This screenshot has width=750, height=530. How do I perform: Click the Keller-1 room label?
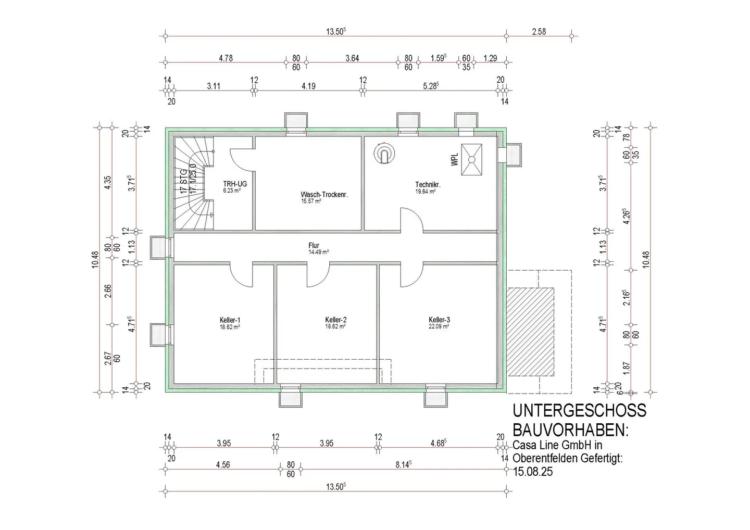230,320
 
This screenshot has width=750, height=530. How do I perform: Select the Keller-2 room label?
335,320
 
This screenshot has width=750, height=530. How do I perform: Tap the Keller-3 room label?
439,320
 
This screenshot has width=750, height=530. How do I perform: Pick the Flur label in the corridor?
314,246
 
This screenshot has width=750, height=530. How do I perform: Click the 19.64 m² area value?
426,192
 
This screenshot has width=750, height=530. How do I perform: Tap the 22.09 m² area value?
439,326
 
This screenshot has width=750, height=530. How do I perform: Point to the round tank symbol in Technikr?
384,154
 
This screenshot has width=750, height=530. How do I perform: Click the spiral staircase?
194,183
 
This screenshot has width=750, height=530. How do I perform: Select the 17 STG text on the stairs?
183,182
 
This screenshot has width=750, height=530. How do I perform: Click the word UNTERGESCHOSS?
579,411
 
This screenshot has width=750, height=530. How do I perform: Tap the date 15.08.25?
533,472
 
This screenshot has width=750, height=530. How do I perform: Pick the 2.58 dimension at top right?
539,32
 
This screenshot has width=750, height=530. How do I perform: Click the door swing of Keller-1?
242,275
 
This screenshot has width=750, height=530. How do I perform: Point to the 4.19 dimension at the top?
308,86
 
